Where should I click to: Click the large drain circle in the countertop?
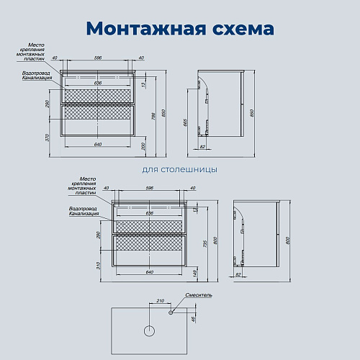[x=150, y=331]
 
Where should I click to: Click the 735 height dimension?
[x=205, y=243]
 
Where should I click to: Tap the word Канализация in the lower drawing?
[x=83, y=214]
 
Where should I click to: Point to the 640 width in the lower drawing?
[x=150, y=272]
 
